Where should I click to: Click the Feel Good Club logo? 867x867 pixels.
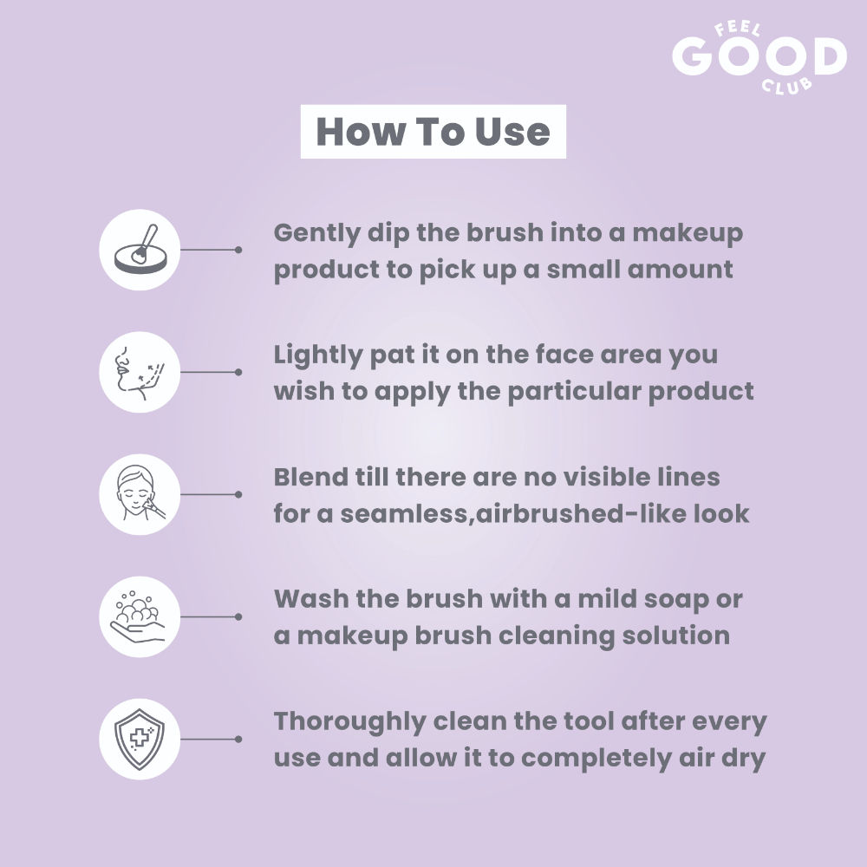point(759,58)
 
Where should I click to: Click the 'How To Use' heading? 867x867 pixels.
point(433,132)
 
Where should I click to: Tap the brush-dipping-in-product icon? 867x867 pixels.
point(140,250)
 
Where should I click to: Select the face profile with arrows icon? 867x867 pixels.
point(140,372)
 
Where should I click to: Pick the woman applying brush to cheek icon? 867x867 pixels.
point(140,494)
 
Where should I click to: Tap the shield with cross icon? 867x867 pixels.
point(140,740)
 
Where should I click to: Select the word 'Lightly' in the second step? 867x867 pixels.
point(318,355)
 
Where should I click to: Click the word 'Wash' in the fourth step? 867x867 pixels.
point(310,599)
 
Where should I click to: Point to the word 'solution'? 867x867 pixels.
point(675,636)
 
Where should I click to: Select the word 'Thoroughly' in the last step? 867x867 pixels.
point(349,722)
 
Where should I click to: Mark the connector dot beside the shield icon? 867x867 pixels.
point(238,740)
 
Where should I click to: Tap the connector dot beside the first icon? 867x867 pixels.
point(238,250)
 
